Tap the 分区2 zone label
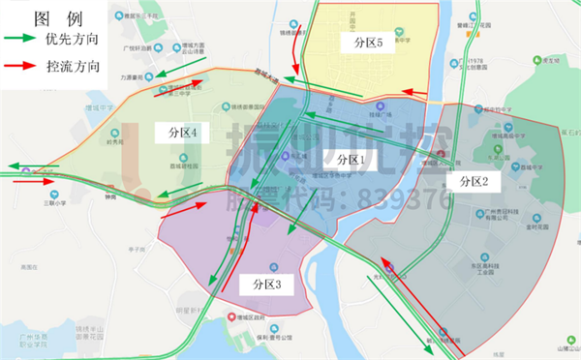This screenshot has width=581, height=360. (x=474, y=181)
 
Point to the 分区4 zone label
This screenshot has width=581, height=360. (x=182, y=131)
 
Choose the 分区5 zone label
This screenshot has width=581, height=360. (x=369, y=44)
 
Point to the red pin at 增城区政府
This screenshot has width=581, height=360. (x=230, y=316)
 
